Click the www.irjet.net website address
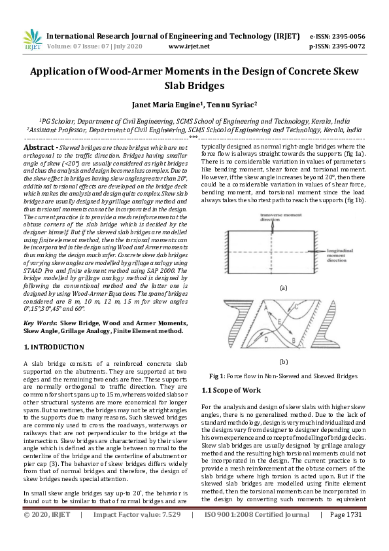tap(189, 46)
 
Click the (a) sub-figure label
tap(283, 287)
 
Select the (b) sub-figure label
tap(283, 361)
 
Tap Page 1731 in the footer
tap(345, 533)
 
